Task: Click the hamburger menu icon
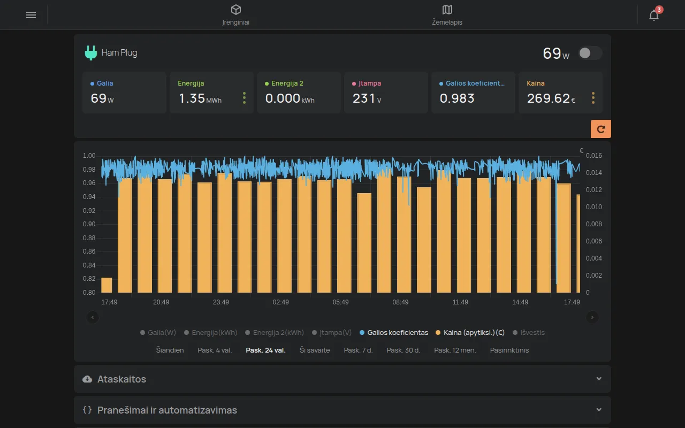pos(31,14)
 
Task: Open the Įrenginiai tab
pos(236,15)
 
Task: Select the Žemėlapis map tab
pos(447,15)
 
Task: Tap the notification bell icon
pos(654,14)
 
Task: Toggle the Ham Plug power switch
pos(590,53)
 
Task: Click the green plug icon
pos(90,52)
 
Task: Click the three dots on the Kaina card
pos(593,98)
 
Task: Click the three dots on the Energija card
pos(244,98)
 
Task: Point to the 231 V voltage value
pos(367,98)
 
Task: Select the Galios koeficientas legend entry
pos(394,332)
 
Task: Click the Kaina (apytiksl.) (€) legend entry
pos(470,332)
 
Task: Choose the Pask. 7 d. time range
pos(358,350)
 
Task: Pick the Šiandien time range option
pos(170,350)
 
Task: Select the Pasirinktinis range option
pos(509,350)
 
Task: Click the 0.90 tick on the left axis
pos(89,224)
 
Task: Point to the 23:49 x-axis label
pos(221,302)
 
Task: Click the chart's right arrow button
pos(592,317)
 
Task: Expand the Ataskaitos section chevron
pos(599,379)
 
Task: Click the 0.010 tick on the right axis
pos(593,207)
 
